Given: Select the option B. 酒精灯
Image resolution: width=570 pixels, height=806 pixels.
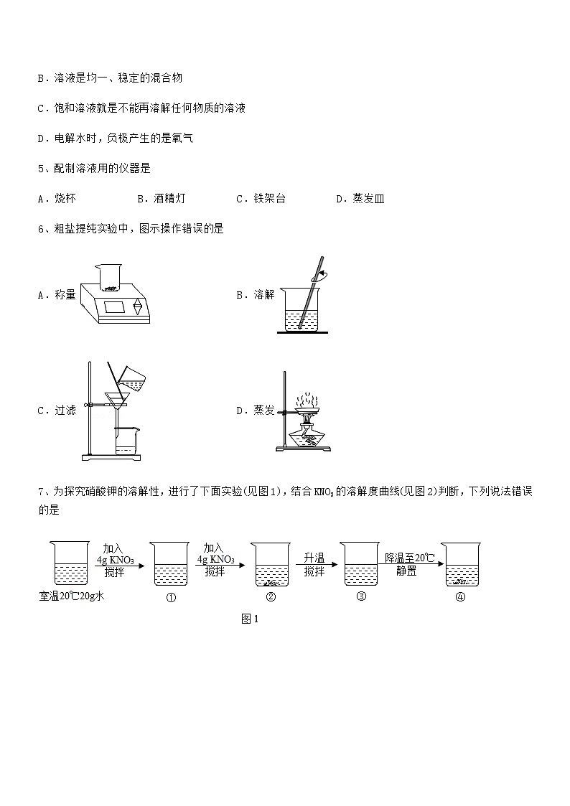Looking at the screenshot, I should (161, 199).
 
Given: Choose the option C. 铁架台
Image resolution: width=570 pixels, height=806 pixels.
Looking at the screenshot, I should (260, 199).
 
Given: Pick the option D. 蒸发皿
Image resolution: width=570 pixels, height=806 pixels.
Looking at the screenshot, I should (360, 199).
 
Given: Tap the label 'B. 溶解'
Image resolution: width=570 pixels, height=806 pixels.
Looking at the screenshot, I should (255, 294).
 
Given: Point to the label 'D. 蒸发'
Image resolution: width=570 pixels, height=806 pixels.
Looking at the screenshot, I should (255, 411).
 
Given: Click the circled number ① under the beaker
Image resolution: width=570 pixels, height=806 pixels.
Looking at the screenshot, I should (171, 598).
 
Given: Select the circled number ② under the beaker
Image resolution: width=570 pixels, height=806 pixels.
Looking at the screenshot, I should (271, 597).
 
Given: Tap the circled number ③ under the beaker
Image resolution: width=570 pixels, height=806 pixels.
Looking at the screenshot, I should (361, 596).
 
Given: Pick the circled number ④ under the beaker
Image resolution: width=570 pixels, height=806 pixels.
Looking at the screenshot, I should (460, 597).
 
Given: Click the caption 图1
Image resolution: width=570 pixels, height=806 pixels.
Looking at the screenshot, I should (249, 619).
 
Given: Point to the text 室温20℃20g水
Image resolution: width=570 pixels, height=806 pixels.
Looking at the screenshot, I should (73, 596).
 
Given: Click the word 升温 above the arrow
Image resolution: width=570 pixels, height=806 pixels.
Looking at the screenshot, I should (314, 558).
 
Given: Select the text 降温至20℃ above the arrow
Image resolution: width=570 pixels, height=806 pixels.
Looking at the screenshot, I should (410, 558).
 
